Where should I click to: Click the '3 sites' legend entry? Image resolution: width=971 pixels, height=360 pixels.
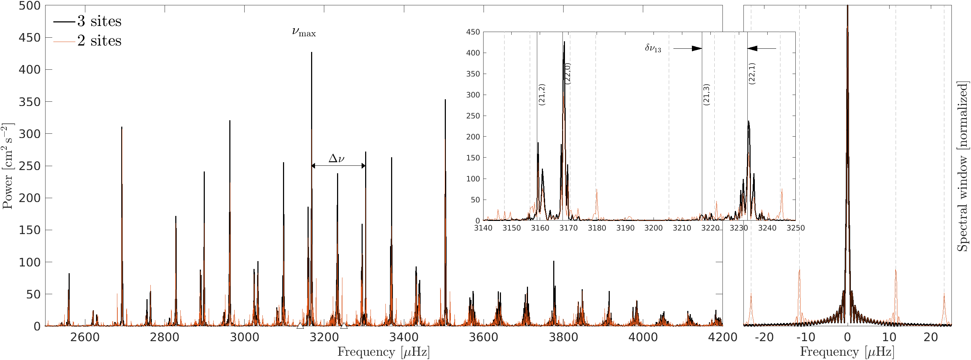[99, 21]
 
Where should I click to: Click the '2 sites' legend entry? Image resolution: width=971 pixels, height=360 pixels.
[99, 41]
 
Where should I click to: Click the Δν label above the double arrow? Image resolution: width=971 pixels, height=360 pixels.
[336, 158]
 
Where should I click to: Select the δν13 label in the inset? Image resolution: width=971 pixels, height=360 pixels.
[653, 48]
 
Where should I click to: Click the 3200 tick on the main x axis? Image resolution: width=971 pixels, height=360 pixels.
[324, 337]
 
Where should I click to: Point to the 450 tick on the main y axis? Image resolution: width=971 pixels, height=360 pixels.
[30, 38]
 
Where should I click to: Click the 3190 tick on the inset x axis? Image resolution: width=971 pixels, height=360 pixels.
[625, 228]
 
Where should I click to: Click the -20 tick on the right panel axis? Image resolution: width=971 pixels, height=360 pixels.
[764, 337]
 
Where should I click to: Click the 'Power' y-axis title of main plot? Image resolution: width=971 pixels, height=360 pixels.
[7, 166]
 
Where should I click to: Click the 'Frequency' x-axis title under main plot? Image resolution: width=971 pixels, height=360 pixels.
[383, 352]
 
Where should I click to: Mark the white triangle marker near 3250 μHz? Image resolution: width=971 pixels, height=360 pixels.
[344, 325]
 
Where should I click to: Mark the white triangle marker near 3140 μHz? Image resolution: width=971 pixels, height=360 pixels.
[300, 325]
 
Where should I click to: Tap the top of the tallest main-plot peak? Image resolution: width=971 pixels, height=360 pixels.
[311, 53]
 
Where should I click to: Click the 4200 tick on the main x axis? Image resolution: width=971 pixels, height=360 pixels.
[722, 337]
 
